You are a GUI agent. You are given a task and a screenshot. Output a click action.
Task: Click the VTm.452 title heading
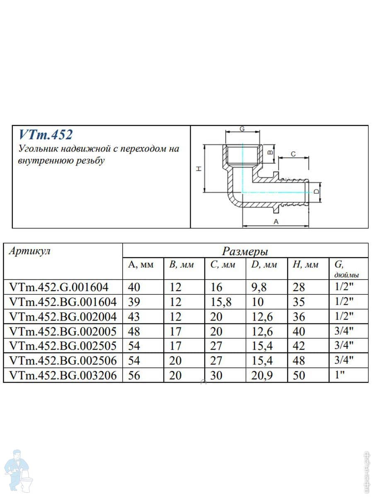pyautogui.click(x=46, y=135)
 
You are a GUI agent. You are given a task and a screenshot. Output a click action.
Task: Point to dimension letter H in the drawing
pyautogui.click(x=199, y=169)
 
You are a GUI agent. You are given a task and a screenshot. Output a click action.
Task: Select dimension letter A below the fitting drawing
pyautogui.click(x=276, y=222)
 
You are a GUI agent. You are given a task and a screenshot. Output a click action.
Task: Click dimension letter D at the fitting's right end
pyautogui.click(x=316, y=191)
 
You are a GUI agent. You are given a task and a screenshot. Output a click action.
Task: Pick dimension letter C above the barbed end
pyautogui.click(x=293, y=154)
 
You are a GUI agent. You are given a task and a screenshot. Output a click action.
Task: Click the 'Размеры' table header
pyautogui.click(x=245, y=251)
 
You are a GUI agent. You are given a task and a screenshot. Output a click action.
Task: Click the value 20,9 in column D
pyautogui.click(x=262, y=376)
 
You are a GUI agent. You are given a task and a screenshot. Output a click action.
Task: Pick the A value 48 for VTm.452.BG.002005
pyautogui.click(x=134, y=331)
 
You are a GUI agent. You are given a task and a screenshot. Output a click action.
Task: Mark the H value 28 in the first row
pyautogui.click(x=298, y=287)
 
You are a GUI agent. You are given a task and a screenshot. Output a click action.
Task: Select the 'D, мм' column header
pyautogui.click(x=264, y=265)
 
